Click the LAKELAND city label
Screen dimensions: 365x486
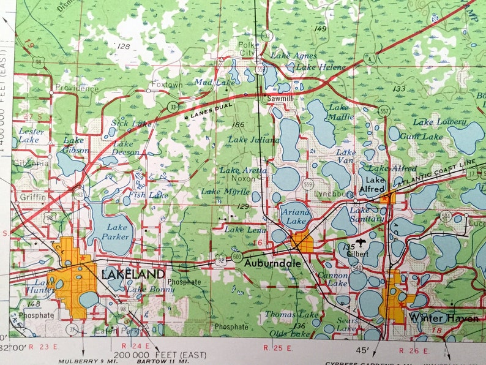pyautogui.click(x=133, y=274)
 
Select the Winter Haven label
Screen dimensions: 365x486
pyautogui.click(x=444, y=317)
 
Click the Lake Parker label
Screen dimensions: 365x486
pyautogui.click(x=116, y=232)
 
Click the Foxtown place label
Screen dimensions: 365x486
pyautogui.click(x=166, y=84)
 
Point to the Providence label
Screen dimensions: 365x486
pyautogui.click(x=77, y=88)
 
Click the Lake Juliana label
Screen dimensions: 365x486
pyautogui.click(x=253, y=140)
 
